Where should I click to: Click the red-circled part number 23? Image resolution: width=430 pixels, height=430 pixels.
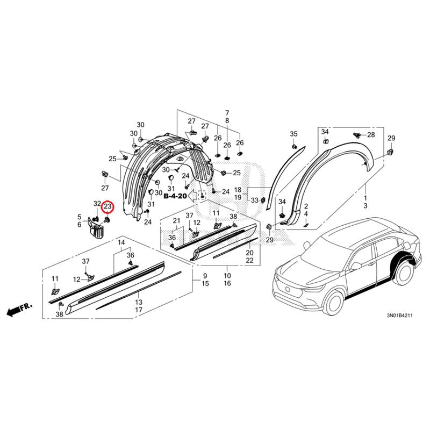tap(107, 206)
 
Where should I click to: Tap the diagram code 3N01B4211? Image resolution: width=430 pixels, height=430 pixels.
tap(399, 316)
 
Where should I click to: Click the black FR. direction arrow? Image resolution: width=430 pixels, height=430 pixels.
tap(19, 309)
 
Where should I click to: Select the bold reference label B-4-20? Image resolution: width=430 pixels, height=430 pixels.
tap(175, 196)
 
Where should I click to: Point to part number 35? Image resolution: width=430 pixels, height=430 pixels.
tap(293, 134)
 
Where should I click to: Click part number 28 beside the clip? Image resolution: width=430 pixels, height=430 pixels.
tap(371, 135)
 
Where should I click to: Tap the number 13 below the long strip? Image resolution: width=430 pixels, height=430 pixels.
tap(139, 302)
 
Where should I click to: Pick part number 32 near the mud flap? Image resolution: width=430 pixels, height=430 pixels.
tap(97, 204)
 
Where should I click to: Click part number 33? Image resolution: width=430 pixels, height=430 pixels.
tap(255, 200)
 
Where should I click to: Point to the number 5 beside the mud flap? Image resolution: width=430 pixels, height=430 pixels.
tap(80, 217)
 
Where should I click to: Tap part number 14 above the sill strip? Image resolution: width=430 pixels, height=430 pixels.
tap(121, 242)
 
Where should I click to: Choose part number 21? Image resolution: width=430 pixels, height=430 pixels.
tap(176, 220)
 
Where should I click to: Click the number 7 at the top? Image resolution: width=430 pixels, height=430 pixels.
tap(227, 113)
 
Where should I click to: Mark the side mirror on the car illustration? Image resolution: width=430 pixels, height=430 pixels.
tap(356, 265)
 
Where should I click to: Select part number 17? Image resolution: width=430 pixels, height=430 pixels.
tap(139, 310)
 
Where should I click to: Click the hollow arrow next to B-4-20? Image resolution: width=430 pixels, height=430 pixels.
tap(193, 195)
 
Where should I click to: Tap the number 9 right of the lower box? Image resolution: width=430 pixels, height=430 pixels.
tap(205, 276)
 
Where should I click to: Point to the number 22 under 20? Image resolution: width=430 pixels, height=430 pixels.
tap(249, 260)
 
